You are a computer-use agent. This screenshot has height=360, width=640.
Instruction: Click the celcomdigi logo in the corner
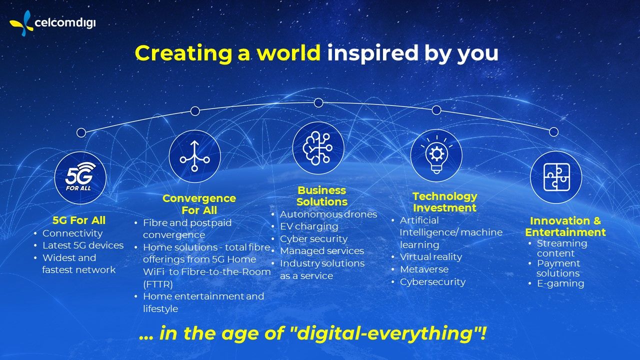click(52, 22)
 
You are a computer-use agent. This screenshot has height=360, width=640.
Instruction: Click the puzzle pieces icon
click(555, 177)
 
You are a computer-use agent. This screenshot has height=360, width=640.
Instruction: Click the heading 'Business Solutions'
click(322, 196)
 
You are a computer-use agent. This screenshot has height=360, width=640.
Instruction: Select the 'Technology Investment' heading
click(444, 202)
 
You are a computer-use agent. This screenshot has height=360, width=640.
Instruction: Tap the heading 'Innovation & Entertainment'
click(565, 226)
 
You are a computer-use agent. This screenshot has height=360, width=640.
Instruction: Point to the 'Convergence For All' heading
click(199, 204)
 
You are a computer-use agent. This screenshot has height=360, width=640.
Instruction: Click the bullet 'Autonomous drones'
click(328, 214)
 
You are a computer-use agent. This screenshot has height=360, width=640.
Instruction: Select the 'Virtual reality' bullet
click(430, 257)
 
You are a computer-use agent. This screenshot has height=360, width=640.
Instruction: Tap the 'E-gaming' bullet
click(560, 283)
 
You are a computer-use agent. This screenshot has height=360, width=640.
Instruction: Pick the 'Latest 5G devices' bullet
click(82, 245)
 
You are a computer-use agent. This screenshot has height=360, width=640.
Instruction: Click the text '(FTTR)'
click(158, 284)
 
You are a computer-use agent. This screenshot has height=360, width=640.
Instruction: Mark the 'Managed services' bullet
click(321, 251)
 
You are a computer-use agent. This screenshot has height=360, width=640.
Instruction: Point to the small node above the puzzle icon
click(553, 132)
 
